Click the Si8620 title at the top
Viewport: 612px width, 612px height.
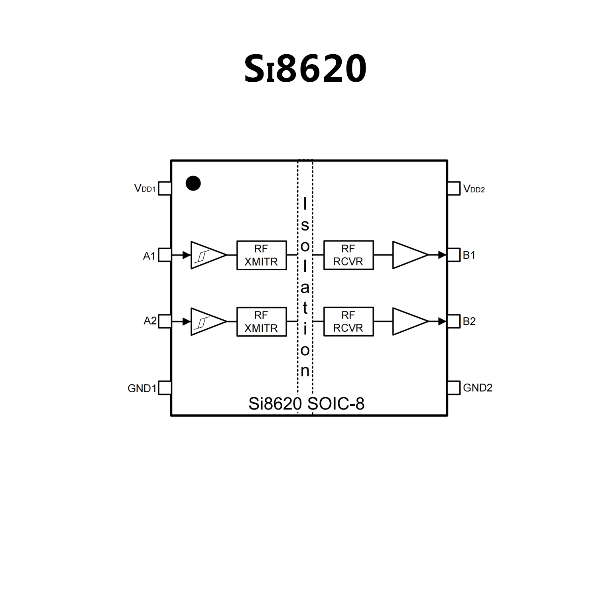point(305,69)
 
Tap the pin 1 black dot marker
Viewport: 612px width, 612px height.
point(193,183)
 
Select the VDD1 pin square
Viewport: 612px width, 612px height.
point(165,189)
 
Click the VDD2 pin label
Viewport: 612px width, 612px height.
point(474,189)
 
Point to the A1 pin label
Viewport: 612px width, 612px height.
point(149,256)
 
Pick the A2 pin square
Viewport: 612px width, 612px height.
point(165,321)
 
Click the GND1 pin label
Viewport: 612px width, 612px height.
point(142,388)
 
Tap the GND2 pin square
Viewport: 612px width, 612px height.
point(454,388)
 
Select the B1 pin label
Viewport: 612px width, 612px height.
point(469,255)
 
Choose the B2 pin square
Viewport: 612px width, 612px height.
point(454,321)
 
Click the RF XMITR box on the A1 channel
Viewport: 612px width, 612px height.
point(262,256)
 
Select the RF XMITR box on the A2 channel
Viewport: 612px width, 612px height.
point(262,322)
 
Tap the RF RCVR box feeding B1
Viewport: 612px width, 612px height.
point(348,255)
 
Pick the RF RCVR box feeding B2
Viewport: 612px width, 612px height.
point(348,322)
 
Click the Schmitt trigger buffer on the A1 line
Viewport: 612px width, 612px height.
point(205,255)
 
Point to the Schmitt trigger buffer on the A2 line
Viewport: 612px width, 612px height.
point(205,321)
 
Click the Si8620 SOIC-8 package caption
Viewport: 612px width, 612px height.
point(306,404)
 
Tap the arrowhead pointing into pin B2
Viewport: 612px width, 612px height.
point(442,321)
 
